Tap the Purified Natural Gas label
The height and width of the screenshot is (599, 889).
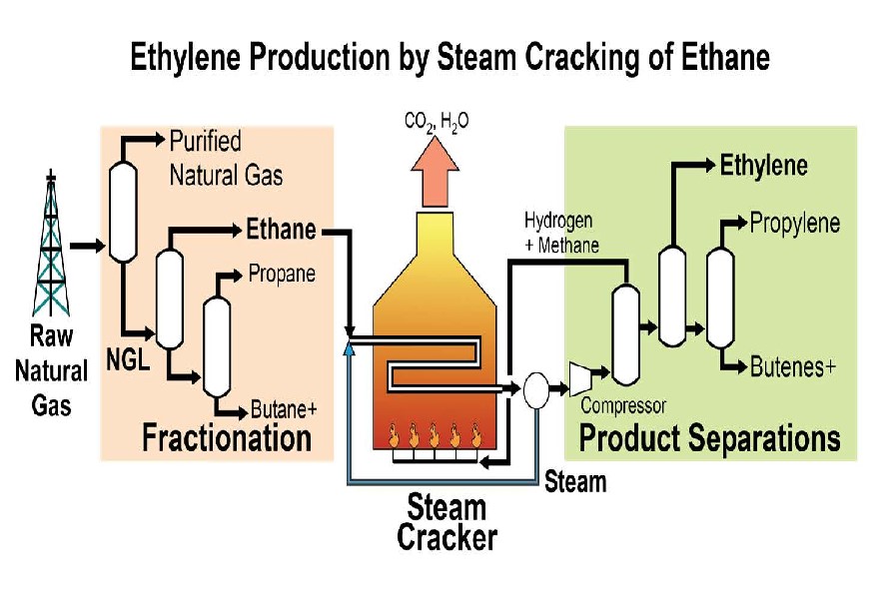pyautogui.click(x=225, y=159)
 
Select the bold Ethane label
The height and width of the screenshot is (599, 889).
pyautogui.click(x=281, y=231)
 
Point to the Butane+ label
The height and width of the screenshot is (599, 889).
pyautogui.click(x=283, y=409)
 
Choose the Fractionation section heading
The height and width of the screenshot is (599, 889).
pyautogui.click(x=227, y=437)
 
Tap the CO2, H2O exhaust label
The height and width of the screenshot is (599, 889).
pyautogui.click(x=437, y=122)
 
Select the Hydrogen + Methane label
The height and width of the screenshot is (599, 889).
pyautogui.click(x=561, y=232)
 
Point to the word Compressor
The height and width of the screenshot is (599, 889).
pyautogui.click(x=623, y=406)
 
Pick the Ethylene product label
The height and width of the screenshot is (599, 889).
pyautogui.click(x=764, y=166)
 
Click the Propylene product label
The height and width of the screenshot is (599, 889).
pyautogui.click(x=795, y=223)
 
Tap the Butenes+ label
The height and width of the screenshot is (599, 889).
pyautogui.click(x=793, y=367)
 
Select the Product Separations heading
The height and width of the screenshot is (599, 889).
pyautogui.click(x=710, y=438)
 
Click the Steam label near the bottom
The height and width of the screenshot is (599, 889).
pyautogui.click(x=575, y=482)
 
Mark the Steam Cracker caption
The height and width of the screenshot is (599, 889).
pyautogui.click(x=446, y=522)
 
